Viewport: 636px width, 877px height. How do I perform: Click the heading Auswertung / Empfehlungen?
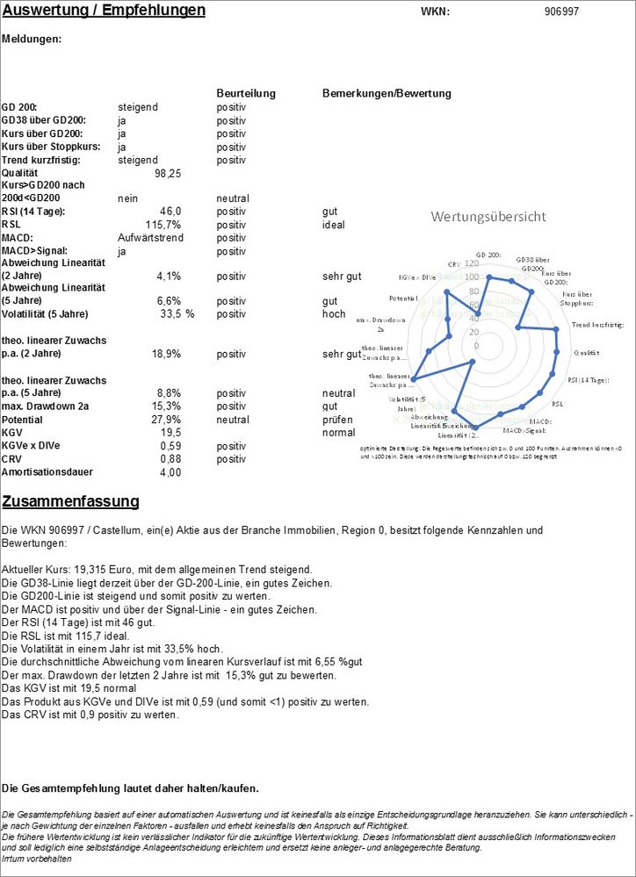pos(104,11)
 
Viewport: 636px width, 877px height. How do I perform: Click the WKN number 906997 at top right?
pos(561,12)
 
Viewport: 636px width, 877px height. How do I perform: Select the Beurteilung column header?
pos(246,93)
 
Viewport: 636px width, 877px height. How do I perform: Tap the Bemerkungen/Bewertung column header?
pos(387,93)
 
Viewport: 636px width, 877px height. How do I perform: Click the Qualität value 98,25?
pos(167,174)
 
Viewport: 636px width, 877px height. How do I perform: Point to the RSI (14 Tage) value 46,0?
pos(170,212)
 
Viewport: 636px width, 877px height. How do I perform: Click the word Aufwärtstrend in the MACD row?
pos(151,238)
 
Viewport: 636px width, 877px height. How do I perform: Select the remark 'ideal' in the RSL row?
pos(334,225)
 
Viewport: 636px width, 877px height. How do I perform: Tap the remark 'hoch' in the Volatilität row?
pos(334,314)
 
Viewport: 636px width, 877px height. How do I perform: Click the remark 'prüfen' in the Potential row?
pos(337,420)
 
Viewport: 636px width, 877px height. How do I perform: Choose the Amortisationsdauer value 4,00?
pos(169,472)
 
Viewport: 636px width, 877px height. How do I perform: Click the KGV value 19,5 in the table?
pos(170,433)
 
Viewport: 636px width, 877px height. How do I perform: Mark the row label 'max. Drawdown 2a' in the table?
pos(45,406)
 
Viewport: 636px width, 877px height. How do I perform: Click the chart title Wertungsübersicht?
pos(488,217)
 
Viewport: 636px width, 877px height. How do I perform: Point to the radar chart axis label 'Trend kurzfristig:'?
pos(596,325)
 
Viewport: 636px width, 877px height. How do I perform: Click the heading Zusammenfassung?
pos(71,502)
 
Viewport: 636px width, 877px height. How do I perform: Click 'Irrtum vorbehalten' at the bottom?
pos(37,859)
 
